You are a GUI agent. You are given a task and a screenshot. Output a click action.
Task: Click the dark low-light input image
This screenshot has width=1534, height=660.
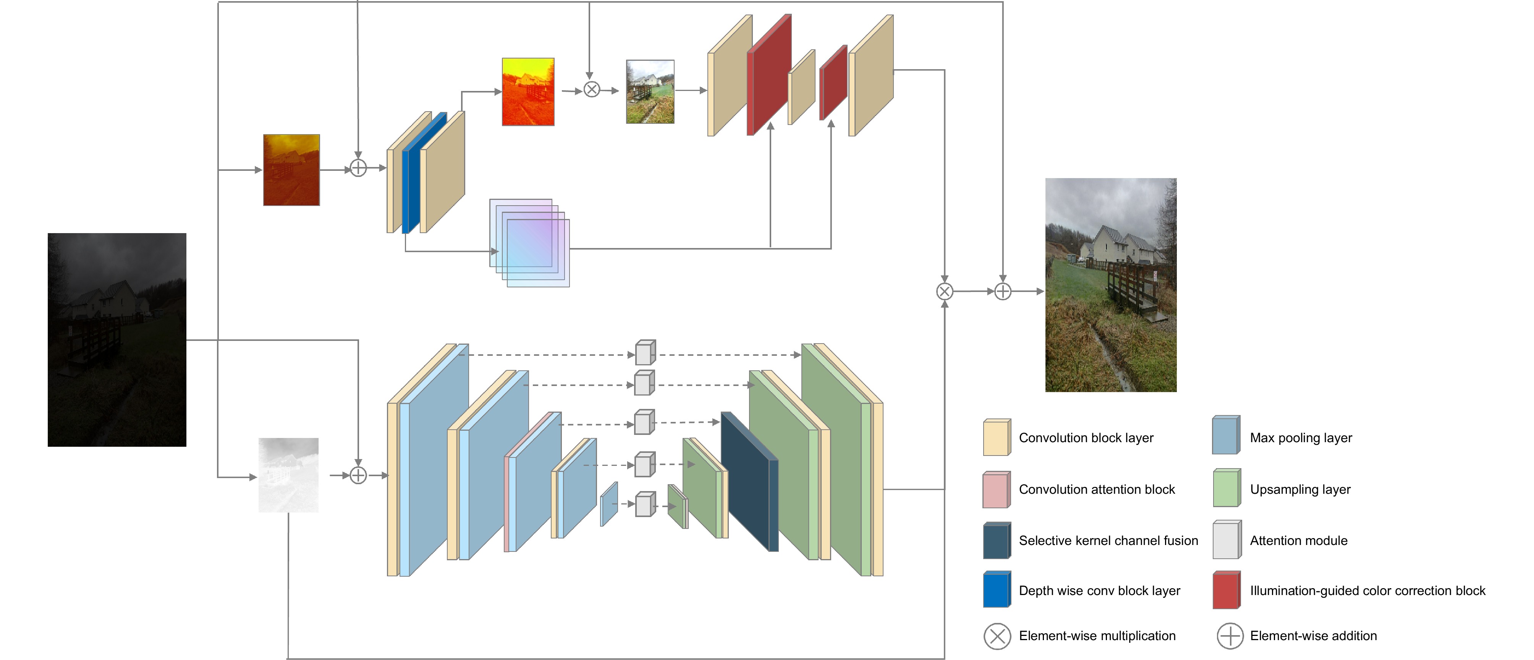pyautogui.click(x=117, y=339)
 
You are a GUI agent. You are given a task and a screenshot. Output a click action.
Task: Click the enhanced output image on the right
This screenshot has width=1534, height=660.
pyautogui.click(x=1111, y=285)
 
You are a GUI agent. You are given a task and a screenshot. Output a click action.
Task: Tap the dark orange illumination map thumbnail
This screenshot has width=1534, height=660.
pyautogui.click(x=291, y=170)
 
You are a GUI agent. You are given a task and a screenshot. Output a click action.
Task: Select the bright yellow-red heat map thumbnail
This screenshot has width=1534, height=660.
pyautogui.click(x=528, y=92)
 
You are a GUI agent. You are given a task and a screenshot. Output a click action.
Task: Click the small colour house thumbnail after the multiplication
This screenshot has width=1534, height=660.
pyautogui.click(x=650, y=92)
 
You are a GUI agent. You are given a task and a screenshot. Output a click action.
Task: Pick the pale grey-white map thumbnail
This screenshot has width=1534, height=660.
pyautogui.click(x=288, y=475)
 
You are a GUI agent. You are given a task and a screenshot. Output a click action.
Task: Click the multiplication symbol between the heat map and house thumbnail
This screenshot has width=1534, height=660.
pyautogui.click(x=591, y=89)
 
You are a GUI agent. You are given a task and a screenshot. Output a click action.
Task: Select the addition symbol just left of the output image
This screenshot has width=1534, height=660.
pyautogui.click(x=1003, y=291)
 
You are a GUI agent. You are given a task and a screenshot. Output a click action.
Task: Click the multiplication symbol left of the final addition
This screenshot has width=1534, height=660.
pyautogui.click(x=945, y=291)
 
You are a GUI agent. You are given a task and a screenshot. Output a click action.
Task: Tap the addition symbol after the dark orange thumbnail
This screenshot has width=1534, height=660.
pyautogui.click(x=358, y=168)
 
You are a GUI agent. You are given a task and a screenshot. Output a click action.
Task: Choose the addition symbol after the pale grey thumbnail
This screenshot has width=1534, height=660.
pyautogui.click(x=358, y=475)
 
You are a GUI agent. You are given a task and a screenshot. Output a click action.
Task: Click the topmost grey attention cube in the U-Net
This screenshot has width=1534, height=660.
pyautogui.click(x=645, y=353)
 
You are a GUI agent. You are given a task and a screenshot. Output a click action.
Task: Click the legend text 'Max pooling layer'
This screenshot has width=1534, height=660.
pyautogui.click(x=1301, y=438)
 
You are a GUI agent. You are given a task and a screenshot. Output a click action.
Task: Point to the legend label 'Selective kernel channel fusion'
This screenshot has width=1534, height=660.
pyautogui.click(x=1108, y=540)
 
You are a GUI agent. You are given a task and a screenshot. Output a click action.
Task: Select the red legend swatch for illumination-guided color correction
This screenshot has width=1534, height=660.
pyautogui.click(x=1226, y=590)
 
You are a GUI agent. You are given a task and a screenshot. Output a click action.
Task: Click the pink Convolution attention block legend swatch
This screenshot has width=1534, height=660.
pyautogui.click(x=996, y=490)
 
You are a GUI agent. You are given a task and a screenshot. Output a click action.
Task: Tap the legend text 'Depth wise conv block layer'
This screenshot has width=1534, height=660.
pyautogui.click(x=1099, y=590)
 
